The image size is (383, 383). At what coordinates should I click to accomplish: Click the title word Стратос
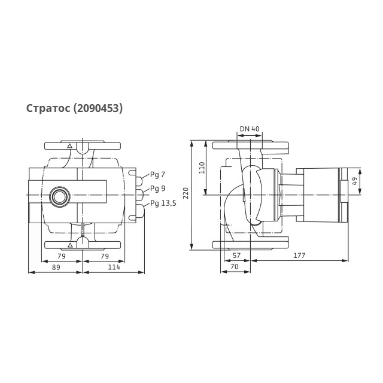pos(48,108)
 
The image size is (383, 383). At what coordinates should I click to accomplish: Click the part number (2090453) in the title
pos(98,108)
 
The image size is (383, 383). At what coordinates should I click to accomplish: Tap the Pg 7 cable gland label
pos(157,175)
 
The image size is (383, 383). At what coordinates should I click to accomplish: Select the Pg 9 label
pos(157,189)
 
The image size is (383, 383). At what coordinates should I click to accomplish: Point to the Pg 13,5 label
pos(163,203)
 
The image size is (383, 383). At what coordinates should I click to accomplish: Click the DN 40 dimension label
pos(250,129)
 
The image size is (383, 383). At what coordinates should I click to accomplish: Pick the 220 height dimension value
pos(186,193)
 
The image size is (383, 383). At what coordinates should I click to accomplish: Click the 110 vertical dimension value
pos(202,168)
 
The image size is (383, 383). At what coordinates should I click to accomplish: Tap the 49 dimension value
pos(354,181)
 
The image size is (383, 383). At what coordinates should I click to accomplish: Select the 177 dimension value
pos(299,256)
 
